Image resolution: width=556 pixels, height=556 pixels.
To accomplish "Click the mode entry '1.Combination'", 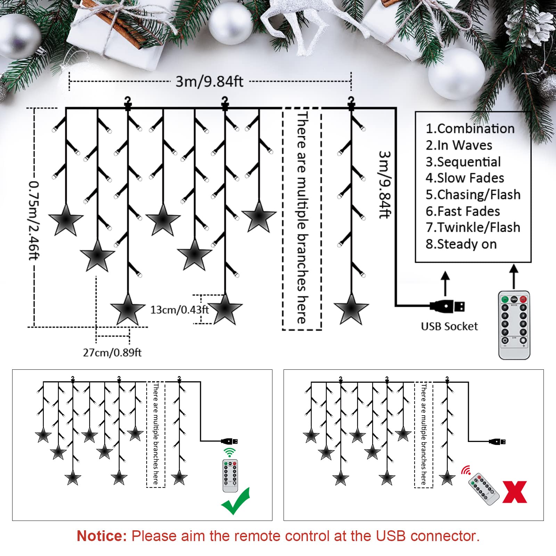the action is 470,129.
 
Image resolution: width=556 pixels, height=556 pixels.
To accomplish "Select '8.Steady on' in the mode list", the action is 461,244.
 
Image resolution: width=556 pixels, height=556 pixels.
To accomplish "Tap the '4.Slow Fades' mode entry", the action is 465,178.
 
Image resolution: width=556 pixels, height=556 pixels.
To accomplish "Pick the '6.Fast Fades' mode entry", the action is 463,211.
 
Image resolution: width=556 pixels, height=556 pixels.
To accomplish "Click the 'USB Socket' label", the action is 449,326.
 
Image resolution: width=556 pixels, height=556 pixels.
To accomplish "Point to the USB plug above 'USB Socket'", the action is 447,306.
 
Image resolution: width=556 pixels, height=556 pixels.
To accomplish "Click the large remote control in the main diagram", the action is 514,325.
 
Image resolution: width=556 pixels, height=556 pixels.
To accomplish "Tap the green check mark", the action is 236,501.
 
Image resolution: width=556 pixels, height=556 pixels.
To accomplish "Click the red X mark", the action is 515,492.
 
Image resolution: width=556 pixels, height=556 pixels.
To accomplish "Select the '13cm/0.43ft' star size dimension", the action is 179,309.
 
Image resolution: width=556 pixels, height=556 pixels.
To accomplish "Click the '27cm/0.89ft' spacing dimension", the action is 112,353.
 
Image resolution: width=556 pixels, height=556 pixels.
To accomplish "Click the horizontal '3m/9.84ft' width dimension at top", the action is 209,81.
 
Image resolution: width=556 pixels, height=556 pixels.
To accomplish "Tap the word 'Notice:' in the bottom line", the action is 102,536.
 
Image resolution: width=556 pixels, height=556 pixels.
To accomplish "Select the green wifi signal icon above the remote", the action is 229,452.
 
